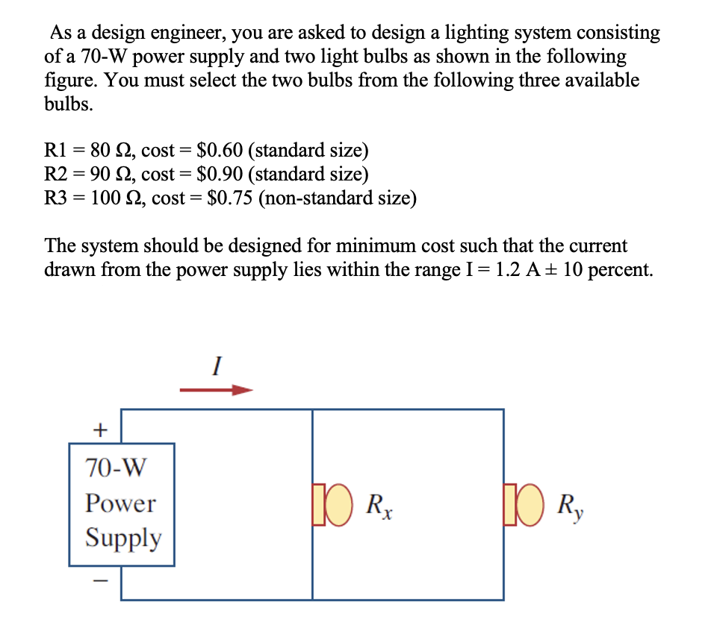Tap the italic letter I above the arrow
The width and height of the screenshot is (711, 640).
coord(217,366)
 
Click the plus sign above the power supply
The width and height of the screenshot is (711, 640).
coord(99,430)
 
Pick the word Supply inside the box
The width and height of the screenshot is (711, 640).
coord(122,538)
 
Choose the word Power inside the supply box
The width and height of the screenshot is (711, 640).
coord(120,503)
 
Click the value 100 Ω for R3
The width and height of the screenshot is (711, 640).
coord(116,198)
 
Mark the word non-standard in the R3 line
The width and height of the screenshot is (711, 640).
coord(309,198)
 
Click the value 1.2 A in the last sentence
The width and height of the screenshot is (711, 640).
coord(515,270)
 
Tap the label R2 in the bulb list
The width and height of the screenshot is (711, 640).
coord(58,175)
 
